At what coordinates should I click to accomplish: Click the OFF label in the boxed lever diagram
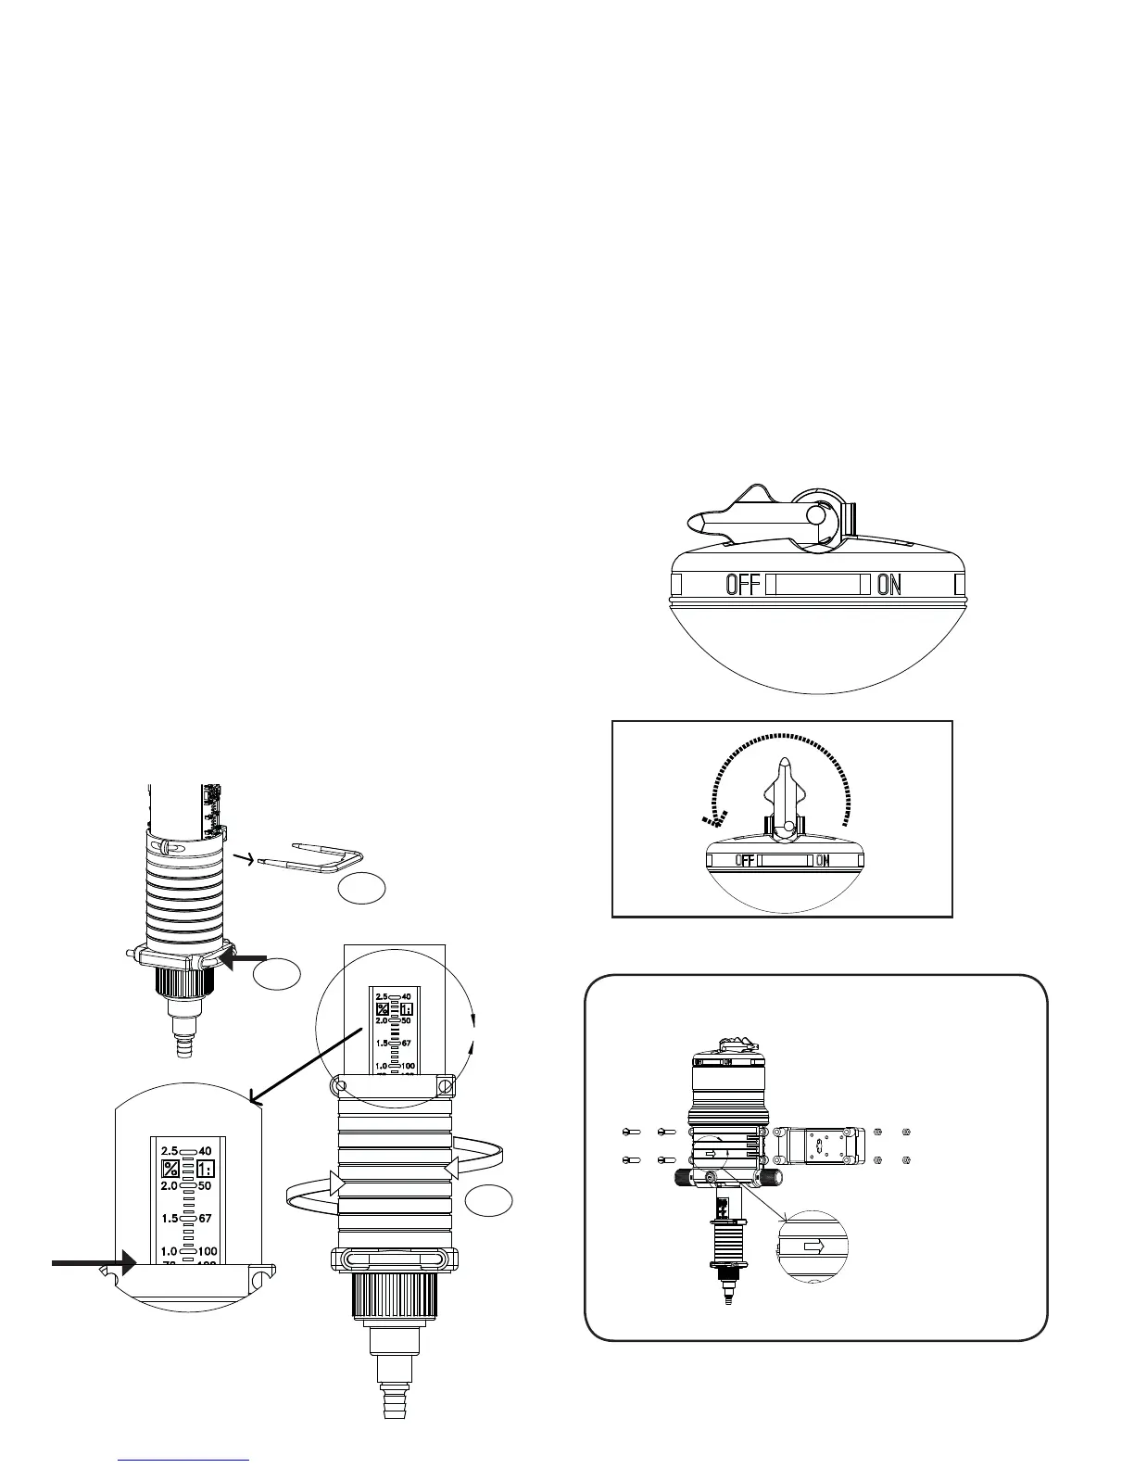click(746, 860)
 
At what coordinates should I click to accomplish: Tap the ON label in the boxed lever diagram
click(823, 860)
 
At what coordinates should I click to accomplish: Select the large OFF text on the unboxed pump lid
click(743, 585)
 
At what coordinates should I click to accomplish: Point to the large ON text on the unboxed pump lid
click(888, 585)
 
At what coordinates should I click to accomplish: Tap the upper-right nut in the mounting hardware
click(907, 1131)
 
